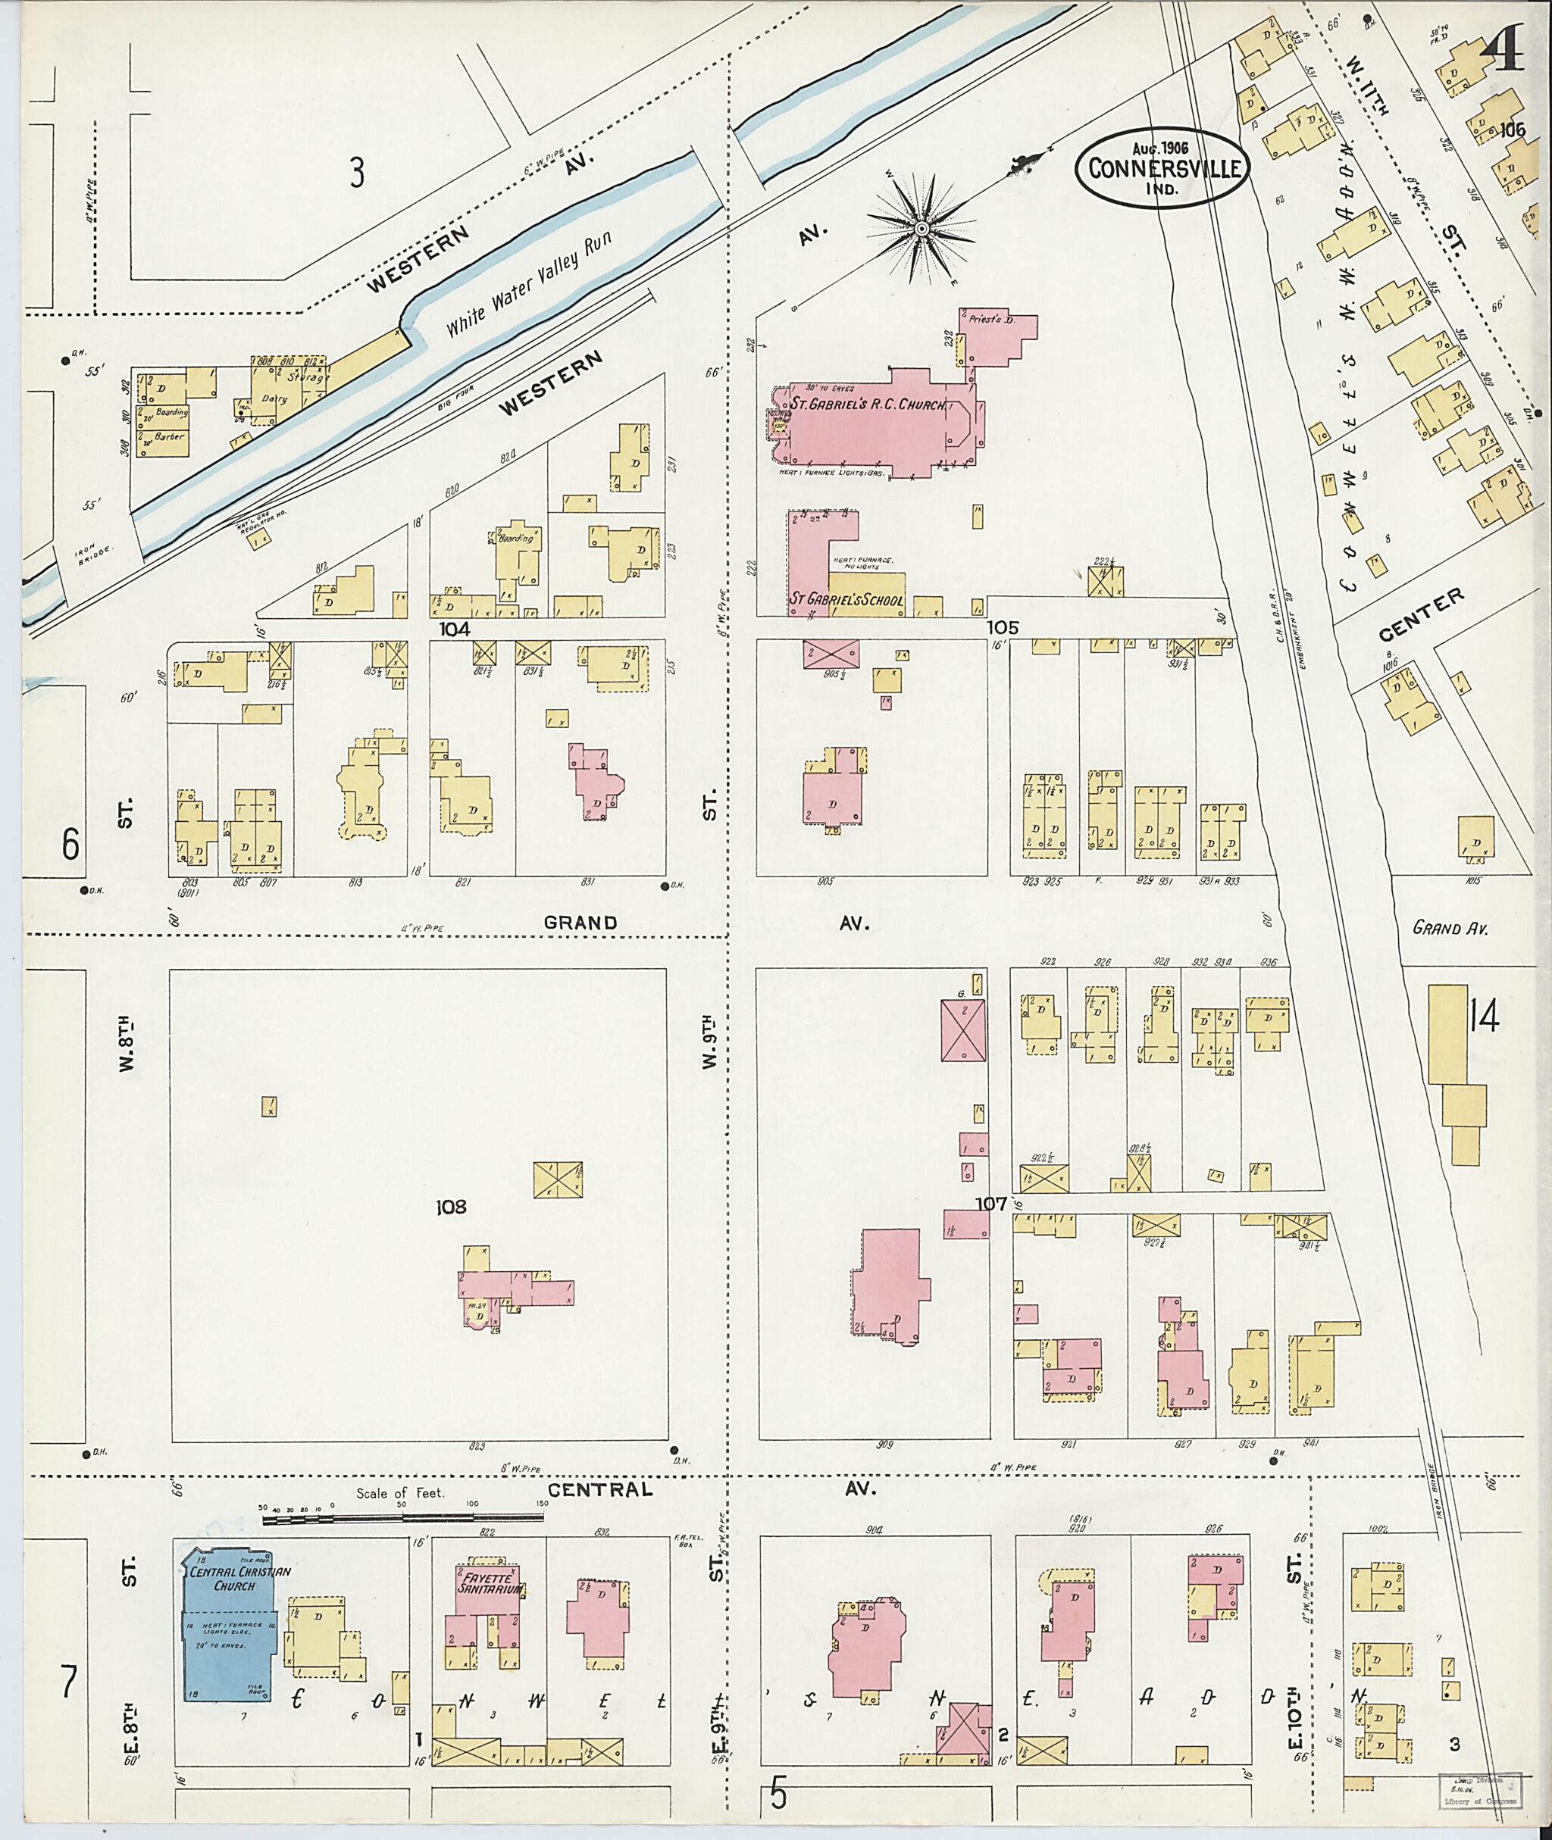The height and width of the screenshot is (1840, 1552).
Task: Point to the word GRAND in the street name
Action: pyautogui.click(x=580, y=923)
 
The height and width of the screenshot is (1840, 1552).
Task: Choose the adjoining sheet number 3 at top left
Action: pyautogui.click(x=355, y=173)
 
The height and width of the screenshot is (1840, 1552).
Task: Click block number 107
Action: pyautogui.click(x=990, y=1202)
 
